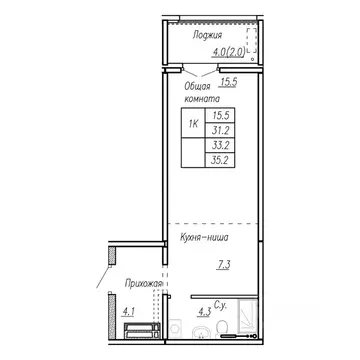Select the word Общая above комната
pyautogui.click(x=196, y=86)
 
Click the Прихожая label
pyautogui.click(x=142, y=284)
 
